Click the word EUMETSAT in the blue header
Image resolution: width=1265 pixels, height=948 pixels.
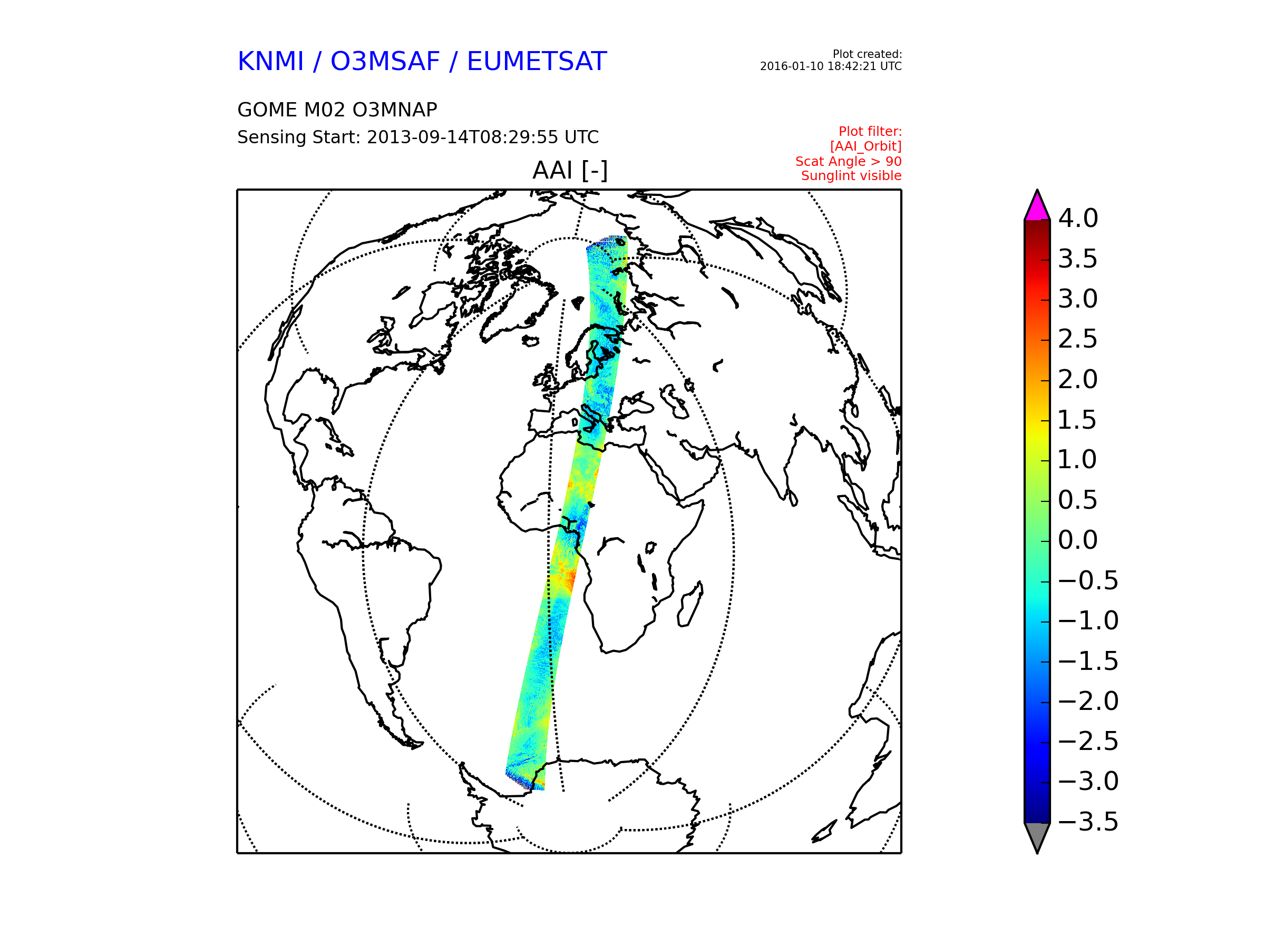coord(537,62)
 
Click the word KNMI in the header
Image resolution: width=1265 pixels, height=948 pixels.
coord(270,62)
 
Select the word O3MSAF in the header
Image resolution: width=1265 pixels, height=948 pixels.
coord(385,62)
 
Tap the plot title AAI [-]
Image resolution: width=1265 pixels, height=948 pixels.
coord(570,170)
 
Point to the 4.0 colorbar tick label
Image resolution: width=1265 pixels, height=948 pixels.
coord(1078,218)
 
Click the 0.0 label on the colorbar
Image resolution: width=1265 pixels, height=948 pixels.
coord(1078,540)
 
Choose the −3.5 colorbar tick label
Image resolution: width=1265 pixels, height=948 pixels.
coord(1088,822)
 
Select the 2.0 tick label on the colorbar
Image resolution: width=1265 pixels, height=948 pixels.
coord(1078,379)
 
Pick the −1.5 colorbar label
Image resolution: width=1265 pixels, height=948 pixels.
coord(1088,661)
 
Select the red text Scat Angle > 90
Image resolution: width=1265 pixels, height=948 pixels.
coord(848,162)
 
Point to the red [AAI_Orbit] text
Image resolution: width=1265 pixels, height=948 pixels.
coord(866,147)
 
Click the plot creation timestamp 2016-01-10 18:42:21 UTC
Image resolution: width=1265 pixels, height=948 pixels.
coord(830,66)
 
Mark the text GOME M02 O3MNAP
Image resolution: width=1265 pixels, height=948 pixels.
coord(337,110)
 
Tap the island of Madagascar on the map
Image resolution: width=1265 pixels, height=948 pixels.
coord(689,605)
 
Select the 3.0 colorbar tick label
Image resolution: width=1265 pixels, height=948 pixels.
coord(1078,299)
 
